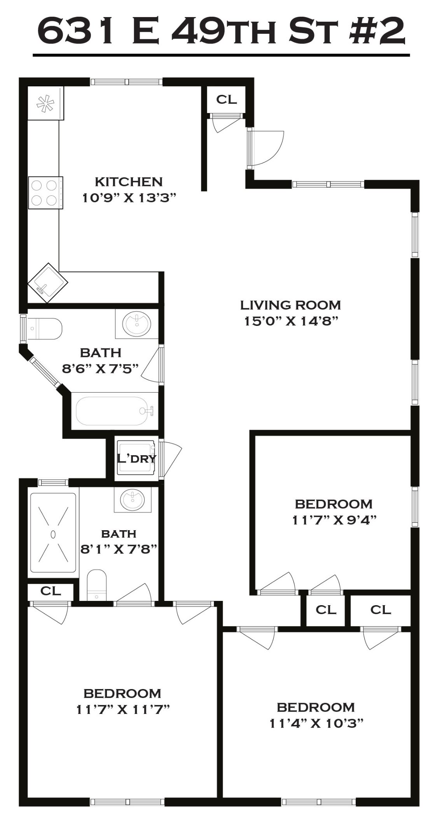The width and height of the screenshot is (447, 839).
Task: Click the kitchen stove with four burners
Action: (45, 193)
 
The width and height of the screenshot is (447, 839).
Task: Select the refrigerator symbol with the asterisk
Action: (45, 103)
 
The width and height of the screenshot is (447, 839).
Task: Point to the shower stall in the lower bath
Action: (53, 533)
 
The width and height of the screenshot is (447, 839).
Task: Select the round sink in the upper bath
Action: (136, 323)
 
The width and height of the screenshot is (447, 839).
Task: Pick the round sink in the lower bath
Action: (132, 500)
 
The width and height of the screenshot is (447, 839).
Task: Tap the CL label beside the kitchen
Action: (226, 99)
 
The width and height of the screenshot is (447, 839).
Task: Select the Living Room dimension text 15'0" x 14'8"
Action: (290, 321)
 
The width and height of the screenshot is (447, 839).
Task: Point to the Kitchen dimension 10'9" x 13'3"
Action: (129, 198)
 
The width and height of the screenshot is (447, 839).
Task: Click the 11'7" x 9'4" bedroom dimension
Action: (334, 520)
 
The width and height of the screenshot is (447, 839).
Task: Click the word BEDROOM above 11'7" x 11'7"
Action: (122, 693)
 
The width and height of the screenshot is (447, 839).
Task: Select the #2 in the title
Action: (376, 31)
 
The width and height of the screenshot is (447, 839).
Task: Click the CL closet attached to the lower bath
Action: (51, 591)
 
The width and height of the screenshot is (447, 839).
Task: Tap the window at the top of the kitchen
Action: (127, 82)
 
